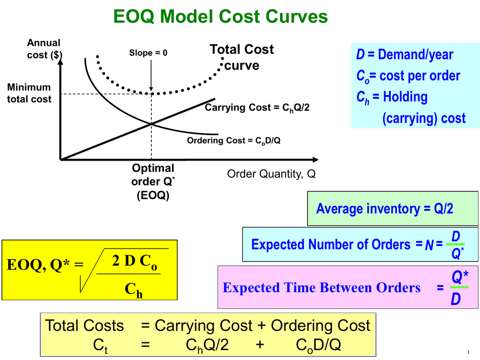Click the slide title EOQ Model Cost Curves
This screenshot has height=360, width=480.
[220, 17]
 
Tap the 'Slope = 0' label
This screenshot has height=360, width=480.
[148, 53]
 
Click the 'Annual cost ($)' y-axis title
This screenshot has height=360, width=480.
[44, 49]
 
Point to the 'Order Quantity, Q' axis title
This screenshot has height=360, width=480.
[271, 174]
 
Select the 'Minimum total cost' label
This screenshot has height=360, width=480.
[29, 93]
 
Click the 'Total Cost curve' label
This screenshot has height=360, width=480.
[241, 57]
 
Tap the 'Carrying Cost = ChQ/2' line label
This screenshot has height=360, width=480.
[257, 108]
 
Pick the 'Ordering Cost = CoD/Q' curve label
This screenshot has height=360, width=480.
[234, 140]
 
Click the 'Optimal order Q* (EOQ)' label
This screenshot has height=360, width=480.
[153, 182]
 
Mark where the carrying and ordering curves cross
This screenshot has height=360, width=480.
[151, 124]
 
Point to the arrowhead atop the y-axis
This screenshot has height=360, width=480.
[60, 61]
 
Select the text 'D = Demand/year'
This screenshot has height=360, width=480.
[405, 55]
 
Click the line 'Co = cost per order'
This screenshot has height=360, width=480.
[408, 76]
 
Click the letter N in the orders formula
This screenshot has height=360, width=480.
[429, 245]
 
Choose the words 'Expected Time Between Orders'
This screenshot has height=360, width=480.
[322, 287]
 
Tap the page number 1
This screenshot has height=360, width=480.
[468, 352]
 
